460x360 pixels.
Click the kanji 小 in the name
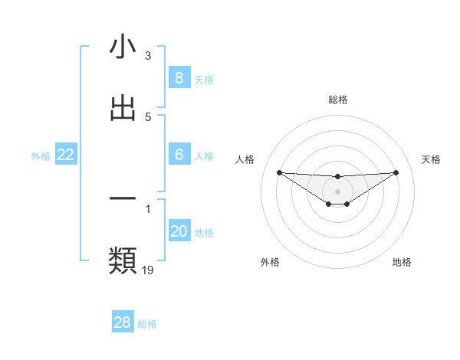(x=123, y=47)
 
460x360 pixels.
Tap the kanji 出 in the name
(x=123, y=108)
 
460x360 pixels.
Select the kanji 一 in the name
(x=123, y=198)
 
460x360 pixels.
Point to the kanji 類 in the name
(x=123, y=260)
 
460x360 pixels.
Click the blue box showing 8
(x=179, y=77)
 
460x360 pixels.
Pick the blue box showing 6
(x=179, y=155)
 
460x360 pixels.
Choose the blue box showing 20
(x=179, y=231)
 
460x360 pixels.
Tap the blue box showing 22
(x=66, y=155)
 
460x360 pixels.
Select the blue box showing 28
(x=122, y=322)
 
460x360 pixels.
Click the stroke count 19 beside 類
(x=148, y=269)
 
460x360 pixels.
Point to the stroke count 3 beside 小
(x=148, y=56)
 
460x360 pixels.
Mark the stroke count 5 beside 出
(x=148, y=117)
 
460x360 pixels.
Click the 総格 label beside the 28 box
(x=147, y=323)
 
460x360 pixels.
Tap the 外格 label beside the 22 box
(x=41, y=155)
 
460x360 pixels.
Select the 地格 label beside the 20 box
(x=204, y=232)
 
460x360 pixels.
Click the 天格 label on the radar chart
(x=432, y=159)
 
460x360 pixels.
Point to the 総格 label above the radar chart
(x=338, y=100)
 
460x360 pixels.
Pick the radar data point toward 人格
(x=279, y=172)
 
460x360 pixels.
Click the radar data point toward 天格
(x=396, y=172)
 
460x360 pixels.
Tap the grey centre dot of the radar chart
(x=337, y=191)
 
